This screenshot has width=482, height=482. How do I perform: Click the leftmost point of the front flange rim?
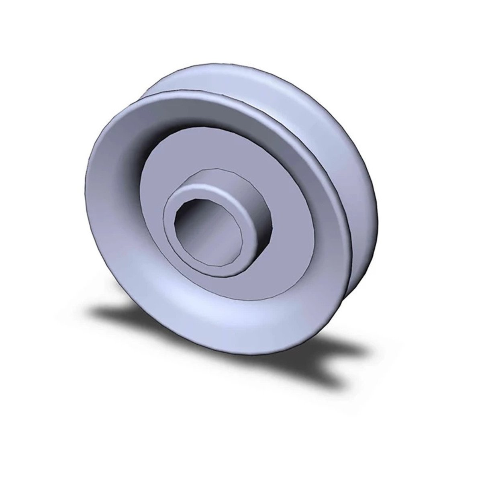tap(85, 193)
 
